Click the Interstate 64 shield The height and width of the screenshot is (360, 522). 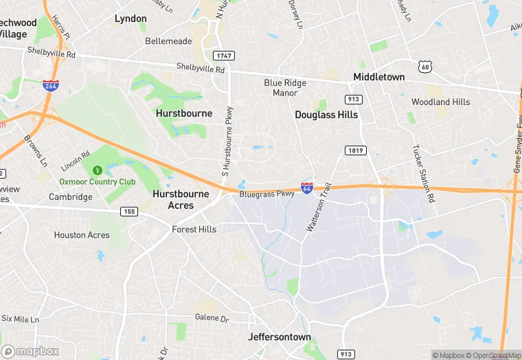tap(307, 187)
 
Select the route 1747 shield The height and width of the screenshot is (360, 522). tap(222, 55)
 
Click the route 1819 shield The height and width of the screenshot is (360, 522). tap(353, 150)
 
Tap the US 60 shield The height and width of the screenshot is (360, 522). tap(427, 66)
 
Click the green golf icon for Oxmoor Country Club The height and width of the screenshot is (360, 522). tap(97, 169)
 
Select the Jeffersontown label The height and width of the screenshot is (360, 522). tap(279, 337)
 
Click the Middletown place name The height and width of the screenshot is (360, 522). tap(378, 77)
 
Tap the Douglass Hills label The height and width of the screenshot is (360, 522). tap(326, 115)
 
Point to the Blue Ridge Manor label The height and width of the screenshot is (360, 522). tap(285, 88)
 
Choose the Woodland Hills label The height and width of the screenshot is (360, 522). tap(440, 102)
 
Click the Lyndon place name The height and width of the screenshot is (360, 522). tap(130, 19)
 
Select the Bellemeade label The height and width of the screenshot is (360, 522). tap(168, 41)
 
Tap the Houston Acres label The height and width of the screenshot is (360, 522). tap(82, 235)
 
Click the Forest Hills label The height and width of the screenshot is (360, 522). tap(194, 229)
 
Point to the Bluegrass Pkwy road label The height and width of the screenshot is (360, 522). tap(266, 194)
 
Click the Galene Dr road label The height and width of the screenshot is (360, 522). tap(212, 318)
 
